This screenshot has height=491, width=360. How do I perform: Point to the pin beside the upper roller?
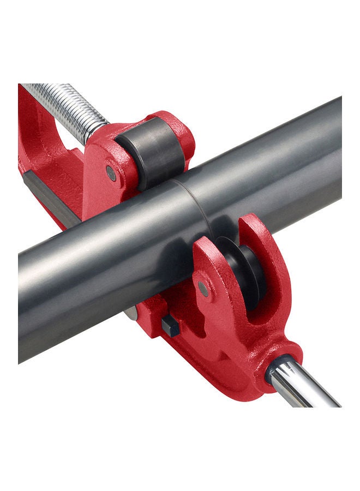pos(111,173)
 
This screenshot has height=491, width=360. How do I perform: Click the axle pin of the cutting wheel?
pos(203,288)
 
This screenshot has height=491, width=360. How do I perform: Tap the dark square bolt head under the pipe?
pos(170,326)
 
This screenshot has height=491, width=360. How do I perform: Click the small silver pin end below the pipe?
pos(131,313)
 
